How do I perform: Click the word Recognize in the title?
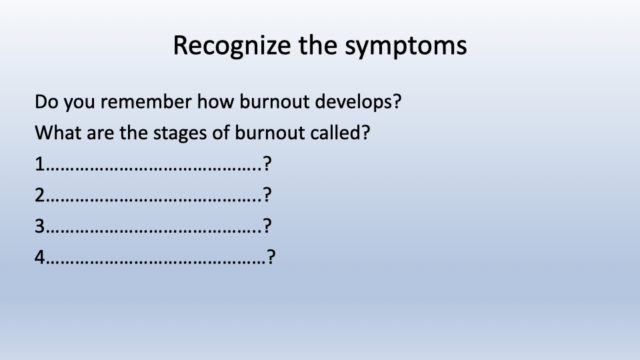232,46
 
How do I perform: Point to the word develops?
359,102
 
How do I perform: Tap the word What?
58,133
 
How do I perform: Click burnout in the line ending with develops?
274,101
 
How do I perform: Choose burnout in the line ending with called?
270,133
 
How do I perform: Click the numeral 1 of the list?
39,164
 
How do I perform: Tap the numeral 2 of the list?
39,195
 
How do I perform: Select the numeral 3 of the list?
39,226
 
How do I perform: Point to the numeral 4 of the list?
39,257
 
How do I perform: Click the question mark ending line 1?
267,164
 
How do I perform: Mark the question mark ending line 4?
271,257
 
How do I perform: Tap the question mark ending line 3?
267,226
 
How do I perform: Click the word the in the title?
318,45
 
